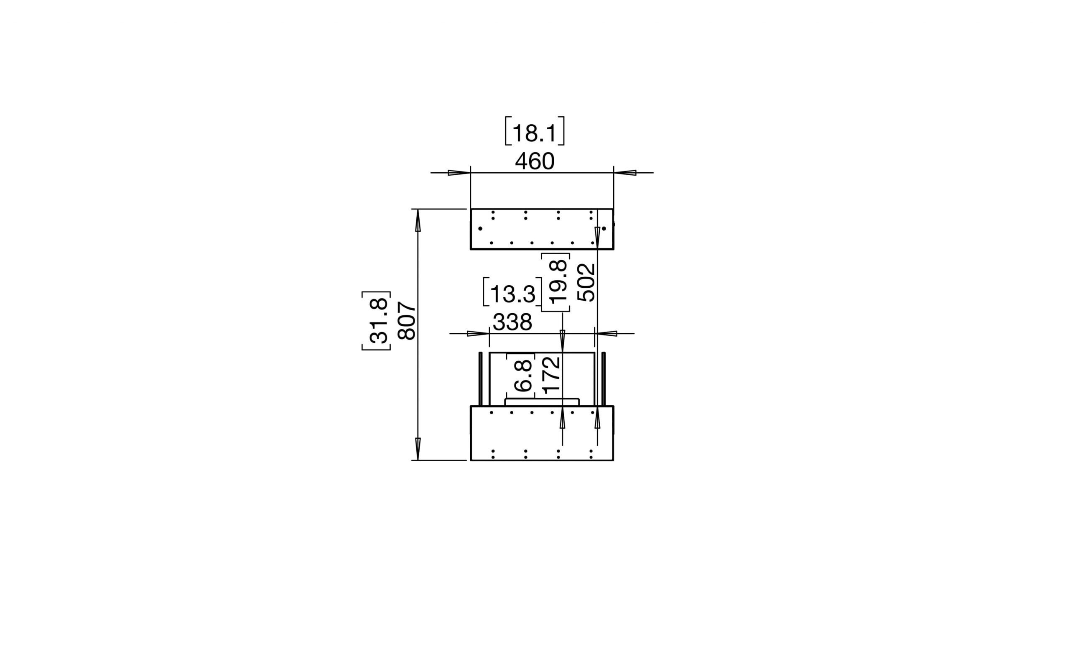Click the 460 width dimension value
pos(534,161)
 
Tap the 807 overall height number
pos(407,320)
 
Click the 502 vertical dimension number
pos(586,282)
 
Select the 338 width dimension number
pos(512,323)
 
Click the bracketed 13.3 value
pos(512,294)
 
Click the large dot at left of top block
pos(480,229)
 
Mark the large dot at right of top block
pos(604,229)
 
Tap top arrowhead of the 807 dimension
pos(418,221)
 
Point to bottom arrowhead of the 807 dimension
pos(418,449)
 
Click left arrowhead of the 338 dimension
pos(478,334)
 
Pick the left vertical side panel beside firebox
pos(481,379)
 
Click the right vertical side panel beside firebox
pos(604,379)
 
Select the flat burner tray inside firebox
pos(542,402)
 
